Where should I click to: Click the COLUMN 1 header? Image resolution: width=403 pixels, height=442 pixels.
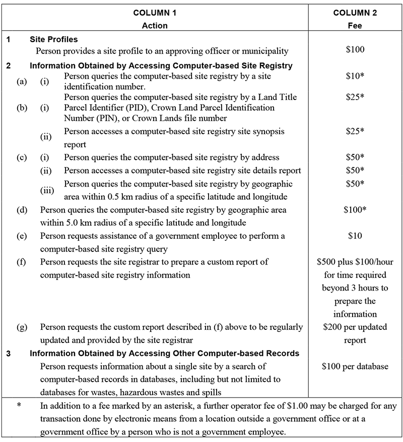pyautogui.click(x=155, y=13)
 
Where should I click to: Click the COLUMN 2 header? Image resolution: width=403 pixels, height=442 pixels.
pyautogui.click(x=355, y=13)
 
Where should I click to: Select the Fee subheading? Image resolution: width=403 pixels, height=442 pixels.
pyautogui.click(x=355, y=26)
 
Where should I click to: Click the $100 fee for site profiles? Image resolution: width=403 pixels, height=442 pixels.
pyautogui.click(x=355, y=50)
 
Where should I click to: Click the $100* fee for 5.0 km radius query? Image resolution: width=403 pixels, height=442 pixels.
pyautogui.click(x=355, y=208)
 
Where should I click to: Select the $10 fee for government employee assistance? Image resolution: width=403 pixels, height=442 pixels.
pyautogui.click(x=355, y=235)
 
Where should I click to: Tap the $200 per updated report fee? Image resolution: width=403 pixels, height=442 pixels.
pyautogui.click(x=355, y=333)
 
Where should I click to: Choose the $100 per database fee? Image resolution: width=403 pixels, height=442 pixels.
pyautogui.click(x=355, y=366)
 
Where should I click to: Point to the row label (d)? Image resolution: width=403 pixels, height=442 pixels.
pyautogui.click(x=22, y=208)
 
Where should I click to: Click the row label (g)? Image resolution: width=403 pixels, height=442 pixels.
pyautogui.click(x=22, y=327)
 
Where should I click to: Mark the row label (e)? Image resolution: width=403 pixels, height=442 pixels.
pyautogui.click(x=22, y=235)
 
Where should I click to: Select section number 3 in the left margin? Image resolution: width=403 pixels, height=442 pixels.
pyautogui.click(x=9, y=353)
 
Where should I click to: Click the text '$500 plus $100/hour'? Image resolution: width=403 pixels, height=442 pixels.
pyautogui.click(x=355, y=261)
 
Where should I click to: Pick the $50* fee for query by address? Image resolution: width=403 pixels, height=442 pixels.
pyautogui.click(x=355, y=157)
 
